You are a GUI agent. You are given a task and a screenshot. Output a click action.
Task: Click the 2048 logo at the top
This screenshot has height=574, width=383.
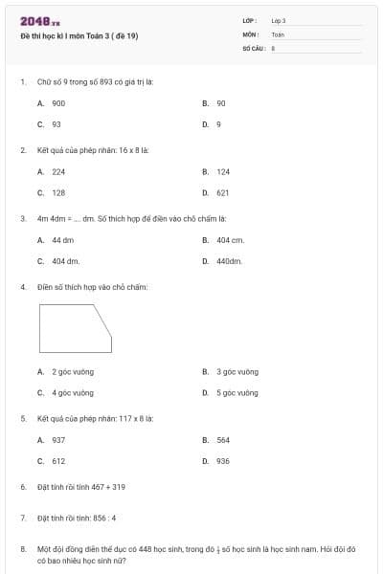39,21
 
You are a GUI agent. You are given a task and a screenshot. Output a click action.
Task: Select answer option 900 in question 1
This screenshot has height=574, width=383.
58,102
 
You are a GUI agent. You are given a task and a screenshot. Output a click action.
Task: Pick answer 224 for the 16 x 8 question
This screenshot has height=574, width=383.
58,172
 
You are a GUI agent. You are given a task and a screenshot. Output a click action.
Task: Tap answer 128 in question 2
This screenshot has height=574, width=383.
58,193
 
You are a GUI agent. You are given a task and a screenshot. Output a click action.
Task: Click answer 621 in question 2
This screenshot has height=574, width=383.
223,193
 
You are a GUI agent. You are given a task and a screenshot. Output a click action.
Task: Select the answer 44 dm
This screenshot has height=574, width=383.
62,240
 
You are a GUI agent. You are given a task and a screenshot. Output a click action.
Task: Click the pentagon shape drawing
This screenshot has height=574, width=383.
74,329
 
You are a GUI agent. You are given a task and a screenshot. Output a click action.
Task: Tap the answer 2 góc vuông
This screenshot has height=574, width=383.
72,371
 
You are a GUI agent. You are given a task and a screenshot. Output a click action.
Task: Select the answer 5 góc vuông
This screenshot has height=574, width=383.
237,392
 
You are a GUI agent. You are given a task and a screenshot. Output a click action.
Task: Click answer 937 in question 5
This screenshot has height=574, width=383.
58,440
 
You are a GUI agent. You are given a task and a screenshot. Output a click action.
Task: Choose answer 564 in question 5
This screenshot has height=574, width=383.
223,440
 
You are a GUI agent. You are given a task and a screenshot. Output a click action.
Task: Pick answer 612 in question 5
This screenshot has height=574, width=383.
58,461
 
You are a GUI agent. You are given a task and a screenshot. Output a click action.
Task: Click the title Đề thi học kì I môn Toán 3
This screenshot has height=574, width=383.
79,35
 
